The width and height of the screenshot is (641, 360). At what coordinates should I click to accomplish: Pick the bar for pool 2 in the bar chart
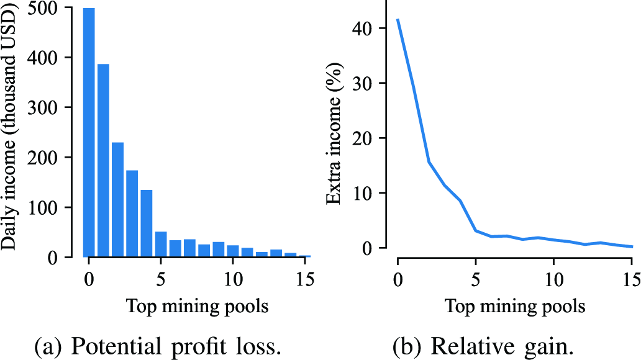point(117,199)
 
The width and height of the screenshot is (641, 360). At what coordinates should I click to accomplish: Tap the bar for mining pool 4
point(147,223)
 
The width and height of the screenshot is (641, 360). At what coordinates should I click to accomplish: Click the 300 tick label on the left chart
point(58,107)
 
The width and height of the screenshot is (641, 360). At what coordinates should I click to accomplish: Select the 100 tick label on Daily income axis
point(58,207)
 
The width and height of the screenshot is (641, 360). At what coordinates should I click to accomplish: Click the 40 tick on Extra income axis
point(366,29)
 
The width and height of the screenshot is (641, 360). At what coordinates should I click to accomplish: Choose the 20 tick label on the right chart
point(366,138)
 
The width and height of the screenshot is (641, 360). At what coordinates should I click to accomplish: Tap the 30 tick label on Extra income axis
point(366,84)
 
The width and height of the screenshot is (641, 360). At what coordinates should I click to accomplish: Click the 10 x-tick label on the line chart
point(553,274)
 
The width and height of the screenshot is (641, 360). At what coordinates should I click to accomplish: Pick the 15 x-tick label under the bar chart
point(304,274)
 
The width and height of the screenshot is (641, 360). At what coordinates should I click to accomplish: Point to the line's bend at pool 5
point(475,231)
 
